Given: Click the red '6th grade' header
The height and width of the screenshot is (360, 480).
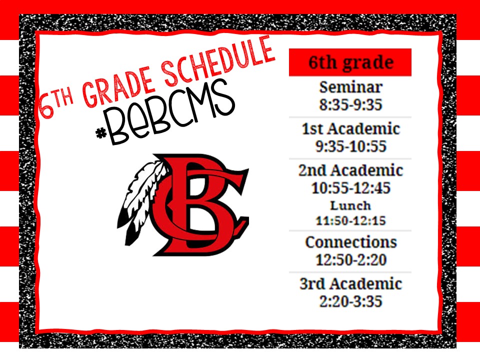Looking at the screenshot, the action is [350, 62].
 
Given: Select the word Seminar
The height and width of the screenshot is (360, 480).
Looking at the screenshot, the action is [351, 87].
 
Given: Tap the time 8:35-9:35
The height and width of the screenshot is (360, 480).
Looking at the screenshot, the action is [351, 104].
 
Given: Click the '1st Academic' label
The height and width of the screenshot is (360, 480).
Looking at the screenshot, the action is [351, 128].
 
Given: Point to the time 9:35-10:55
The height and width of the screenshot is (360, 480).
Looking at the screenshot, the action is [351, 146].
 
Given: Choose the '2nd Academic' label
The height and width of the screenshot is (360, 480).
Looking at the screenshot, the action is [351, 170].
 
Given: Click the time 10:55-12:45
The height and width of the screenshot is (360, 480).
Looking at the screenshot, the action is [351, 187].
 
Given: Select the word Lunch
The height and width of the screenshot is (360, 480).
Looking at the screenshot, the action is [350, 205].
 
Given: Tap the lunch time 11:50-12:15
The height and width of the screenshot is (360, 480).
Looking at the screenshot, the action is [350, 220].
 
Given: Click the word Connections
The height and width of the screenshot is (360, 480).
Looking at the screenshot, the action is [351, 242].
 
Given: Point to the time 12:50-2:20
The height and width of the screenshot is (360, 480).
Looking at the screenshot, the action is [351, 260].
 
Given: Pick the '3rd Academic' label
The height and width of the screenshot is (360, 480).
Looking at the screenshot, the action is [351, 283].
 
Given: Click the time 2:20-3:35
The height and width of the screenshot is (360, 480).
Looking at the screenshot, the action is [351, 301].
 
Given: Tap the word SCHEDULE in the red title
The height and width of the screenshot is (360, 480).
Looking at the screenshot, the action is [219, 61].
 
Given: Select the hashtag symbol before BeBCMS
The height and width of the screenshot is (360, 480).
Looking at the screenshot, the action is [101, 133].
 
